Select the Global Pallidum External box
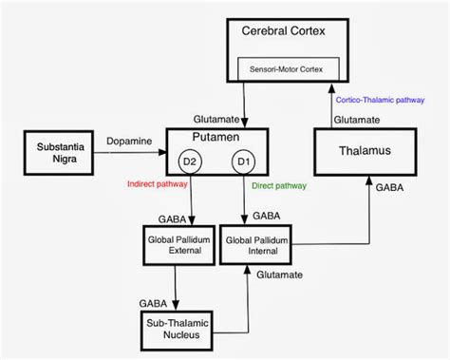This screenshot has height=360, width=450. pos(178,245)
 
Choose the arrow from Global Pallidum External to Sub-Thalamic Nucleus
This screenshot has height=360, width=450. pos(178,285)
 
